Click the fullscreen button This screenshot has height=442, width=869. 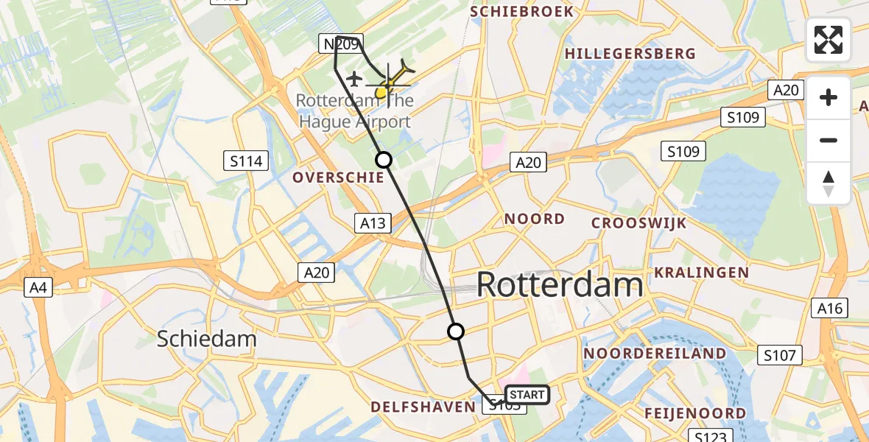tap(828, 40)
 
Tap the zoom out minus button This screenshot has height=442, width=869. tap(828, 140)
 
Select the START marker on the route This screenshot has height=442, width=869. tap(527, 395)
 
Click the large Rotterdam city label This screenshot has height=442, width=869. tap(560, 284)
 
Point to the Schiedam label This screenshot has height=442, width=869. tap(207, 339)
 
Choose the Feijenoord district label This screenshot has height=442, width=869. tap(696, 413)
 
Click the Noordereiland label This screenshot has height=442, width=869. tap(655, 354)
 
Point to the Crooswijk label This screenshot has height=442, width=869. tap(639, 222)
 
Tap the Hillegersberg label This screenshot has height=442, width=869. tap(630, 53)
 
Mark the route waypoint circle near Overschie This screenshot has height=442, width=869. tap(384, 159)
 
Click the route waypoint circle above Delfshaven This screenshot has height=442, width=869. tap(457, 331)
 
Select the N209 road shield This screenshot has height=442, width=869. tap(339, 45)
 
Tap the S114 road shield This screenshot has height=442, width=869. tap(246, 161)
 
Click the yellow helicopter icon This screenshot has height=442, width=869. tap(389, 83)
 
